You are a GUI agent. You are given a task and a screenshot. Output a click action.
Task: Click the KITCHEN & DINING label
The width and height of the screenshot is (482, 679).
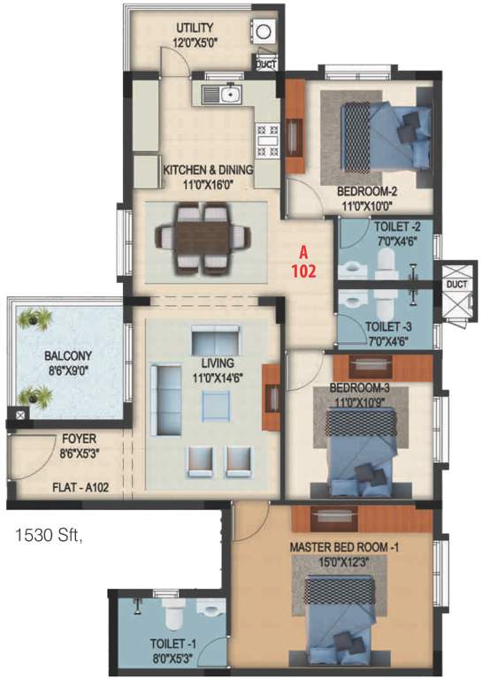tap(208, 169)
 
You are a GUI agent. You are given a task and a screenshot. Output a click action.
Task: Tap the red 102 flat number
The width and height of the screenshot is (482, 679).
tap(305, 271)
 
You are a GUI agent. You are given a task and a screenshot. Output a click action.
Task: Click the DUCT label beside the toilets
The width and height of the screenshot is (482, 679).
tap(456, 285)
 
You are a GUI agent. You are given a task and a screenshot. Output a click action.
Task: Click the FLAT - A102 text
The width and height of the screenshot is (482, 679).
tap(80, 485)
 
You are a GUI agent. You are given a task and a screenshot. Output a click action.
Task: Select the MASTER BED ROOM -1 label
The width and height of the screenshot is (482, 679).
tap(345, 547)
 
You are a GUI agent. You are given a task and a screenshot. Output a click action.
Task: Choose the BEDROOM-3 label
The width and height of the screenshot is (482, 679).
tap(360, 387)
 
